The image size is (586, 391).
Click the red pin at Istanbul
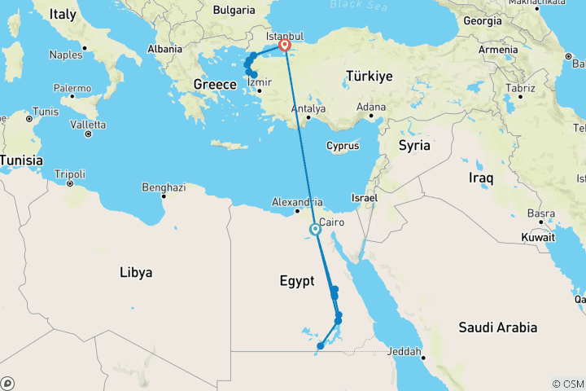tap(285, 46)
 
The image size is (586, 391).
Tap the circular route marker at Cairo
tap(315, 230)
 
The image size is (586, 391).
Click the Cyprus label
tap(343, 147)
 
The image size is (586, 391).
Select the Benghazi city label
tap(164, 187)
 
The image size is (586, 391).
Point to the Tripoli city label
tap(69, 174)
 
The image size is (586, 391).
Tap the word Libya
tap(136, 272)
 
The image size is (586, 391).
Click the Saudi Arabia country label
tap(497, 327)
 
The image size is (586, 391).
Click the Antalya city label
tap(309, 108)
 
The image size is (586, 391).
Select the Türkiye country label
tap(370, 75)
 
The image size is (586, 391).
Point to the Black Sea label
tap(356, 5)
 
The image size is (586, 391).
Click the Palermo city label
tap(72, 87)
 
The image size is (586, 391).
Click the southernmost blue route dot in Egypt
tap(320, 346)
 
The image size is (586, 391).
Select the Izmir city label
tap(259, 82)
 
